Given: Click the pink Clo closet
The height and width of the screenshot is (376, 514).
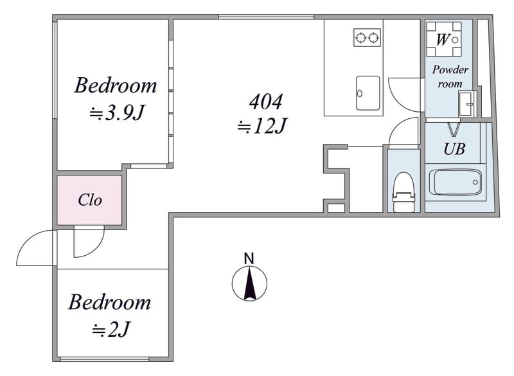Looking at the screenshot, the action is tap(89, 200).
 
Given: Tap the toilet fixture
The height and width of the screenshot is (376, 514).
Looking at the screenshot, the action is tap(404, 192).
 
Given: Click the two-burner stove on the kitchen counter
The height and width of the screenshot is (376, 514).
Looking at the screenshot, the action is tap(367, 38).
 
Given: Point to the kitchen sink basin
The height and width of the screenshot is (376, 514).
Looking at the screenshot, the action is tap(368, 93).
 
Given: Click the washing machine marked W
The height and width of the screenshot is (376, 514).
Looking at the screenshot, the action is tap(443, 39).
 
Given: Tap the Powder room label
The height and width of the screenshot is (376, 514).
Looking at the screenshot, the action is tap(450, 76).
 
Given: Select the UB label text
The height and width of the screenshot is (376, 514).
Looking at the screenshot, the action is tap(454, 149).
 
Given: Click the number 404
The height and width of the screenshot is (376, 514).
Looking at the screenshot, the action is tap(265, 102).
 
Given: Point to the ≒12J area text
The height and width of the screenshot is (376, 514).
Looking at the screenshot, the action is tap(262, 126).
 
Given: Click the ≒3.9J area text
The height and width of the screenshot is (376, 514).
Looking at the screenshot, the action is tap(117, 113).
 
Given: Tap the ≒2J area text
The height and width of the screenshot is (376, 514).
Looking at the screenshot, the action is tap(111, 330).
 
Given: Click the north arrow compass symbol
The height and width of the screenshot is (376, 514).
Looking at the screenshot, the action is tap(249, 283).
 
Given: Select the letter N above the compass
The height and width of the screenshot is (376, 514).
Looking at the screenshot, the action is tap(249, 258).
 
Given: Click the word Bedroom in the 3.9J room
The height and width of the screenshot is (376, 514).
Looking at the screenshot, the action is tap(116, 85).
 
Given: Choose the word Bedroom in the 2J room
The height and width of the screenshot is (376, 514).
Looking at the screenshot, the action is tap(109, 302).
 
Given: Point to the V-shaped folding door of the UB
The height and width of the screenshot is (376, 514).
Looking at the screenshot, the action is tap(454, 130).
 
